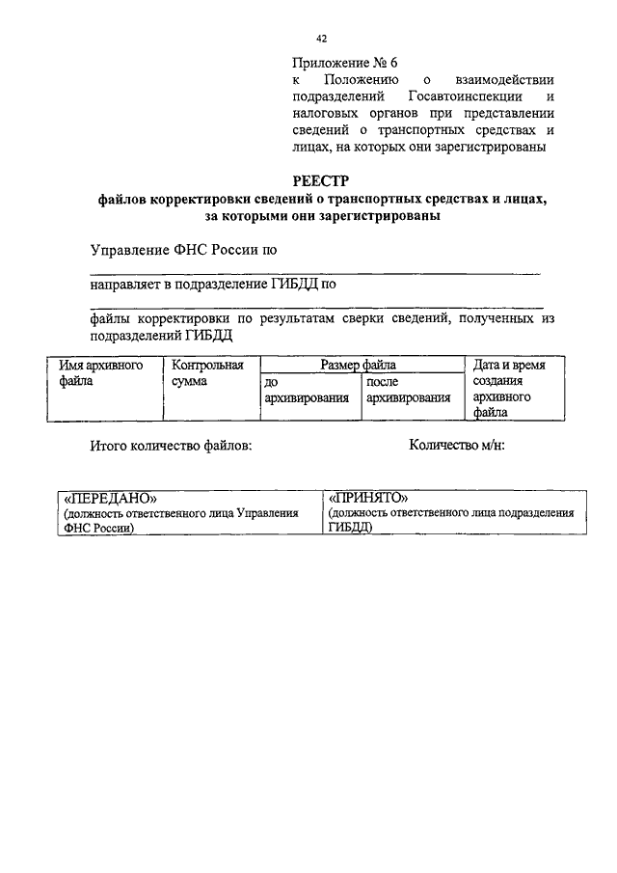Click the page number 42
(322, 38)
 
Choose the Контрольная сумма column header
(206, 373)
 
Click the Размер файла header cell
(359, 366)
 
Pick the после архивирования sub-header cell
(408, 390)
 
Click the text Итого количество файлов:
(171, 446)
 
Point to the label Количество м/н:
(457, 446)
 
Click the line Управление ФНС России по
(183, 250)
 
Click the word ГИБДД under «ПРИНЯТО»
(349, 528)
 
